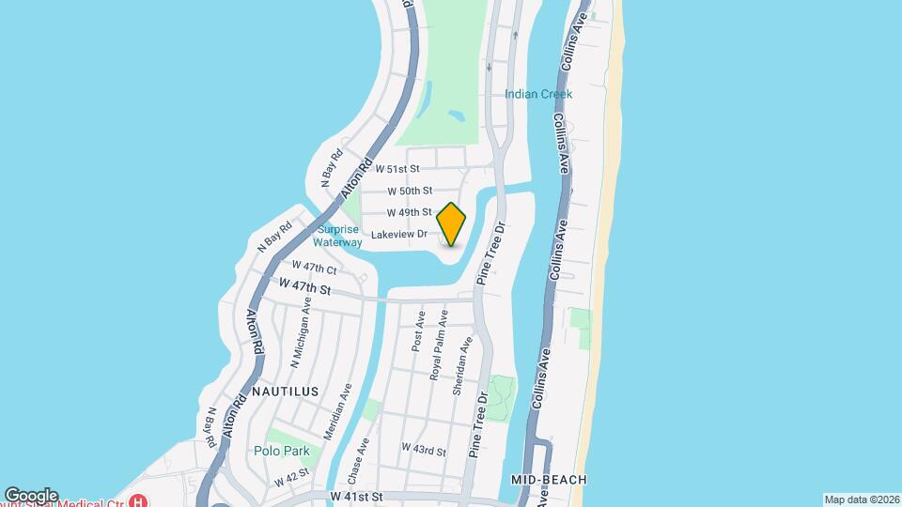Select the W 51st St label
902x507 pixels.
pos(396,170)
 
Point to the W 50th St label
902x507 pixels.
pos(410,191)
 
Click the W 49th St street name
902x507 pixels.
pos(410,212)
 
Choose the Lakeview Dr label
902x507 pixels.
pos(399,234)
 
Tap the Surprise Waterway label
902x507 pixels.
pos(337,236)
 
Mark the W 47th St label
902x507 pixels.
pos(305,284)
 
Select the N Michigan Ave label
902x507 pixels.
pos(301,330)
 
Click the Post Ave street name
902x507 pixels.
pos(418,330)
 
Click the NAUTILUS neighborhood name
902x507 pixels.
pos(284,391)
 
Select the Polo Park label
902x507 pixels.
pos(282,451)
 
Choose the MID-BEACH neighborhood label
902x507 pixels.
pos(549,480)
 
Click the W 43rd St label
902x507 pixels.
pos(423,450)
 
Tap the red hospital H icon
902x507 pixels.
pos(140,499)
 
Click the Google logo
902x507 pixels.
pos(31,496)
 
